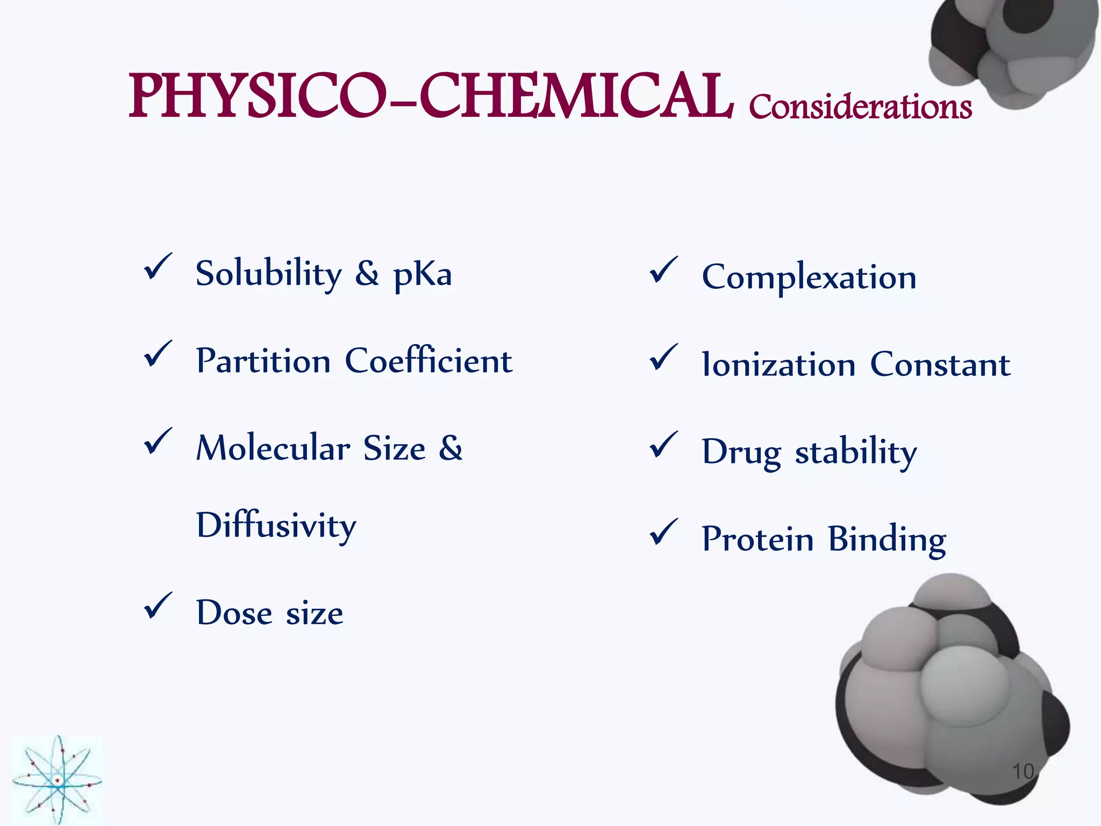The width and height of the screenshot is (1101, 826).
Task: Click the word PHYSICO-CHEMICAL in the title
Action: tap(430, 97)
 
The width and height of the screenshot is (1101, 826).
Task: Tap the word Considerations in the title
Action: tap(860, 106)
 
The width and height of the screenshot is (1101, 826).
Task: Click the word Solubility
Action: tap(268, 274)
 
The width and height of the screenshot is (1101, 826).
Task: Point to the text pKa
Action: tap(423, 275)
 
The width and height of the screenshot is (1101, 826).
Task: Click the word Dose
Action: tap(234, 613)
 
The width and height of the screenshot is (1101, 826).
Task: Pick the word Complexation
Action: tap(809, 278)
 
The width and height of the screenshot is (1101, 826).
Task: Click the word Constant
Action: tap(940, 365)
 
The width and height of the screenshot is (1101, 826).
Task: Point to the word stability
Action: tap(856, 452)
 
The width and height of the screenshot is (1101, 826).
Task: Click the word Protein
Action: tap(757, 539)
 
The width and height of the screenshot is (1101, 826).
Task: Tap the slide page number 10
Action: tap(1023, 772)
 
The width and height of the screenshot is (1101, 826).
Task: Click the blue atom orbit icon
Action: tap(58, 780)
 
